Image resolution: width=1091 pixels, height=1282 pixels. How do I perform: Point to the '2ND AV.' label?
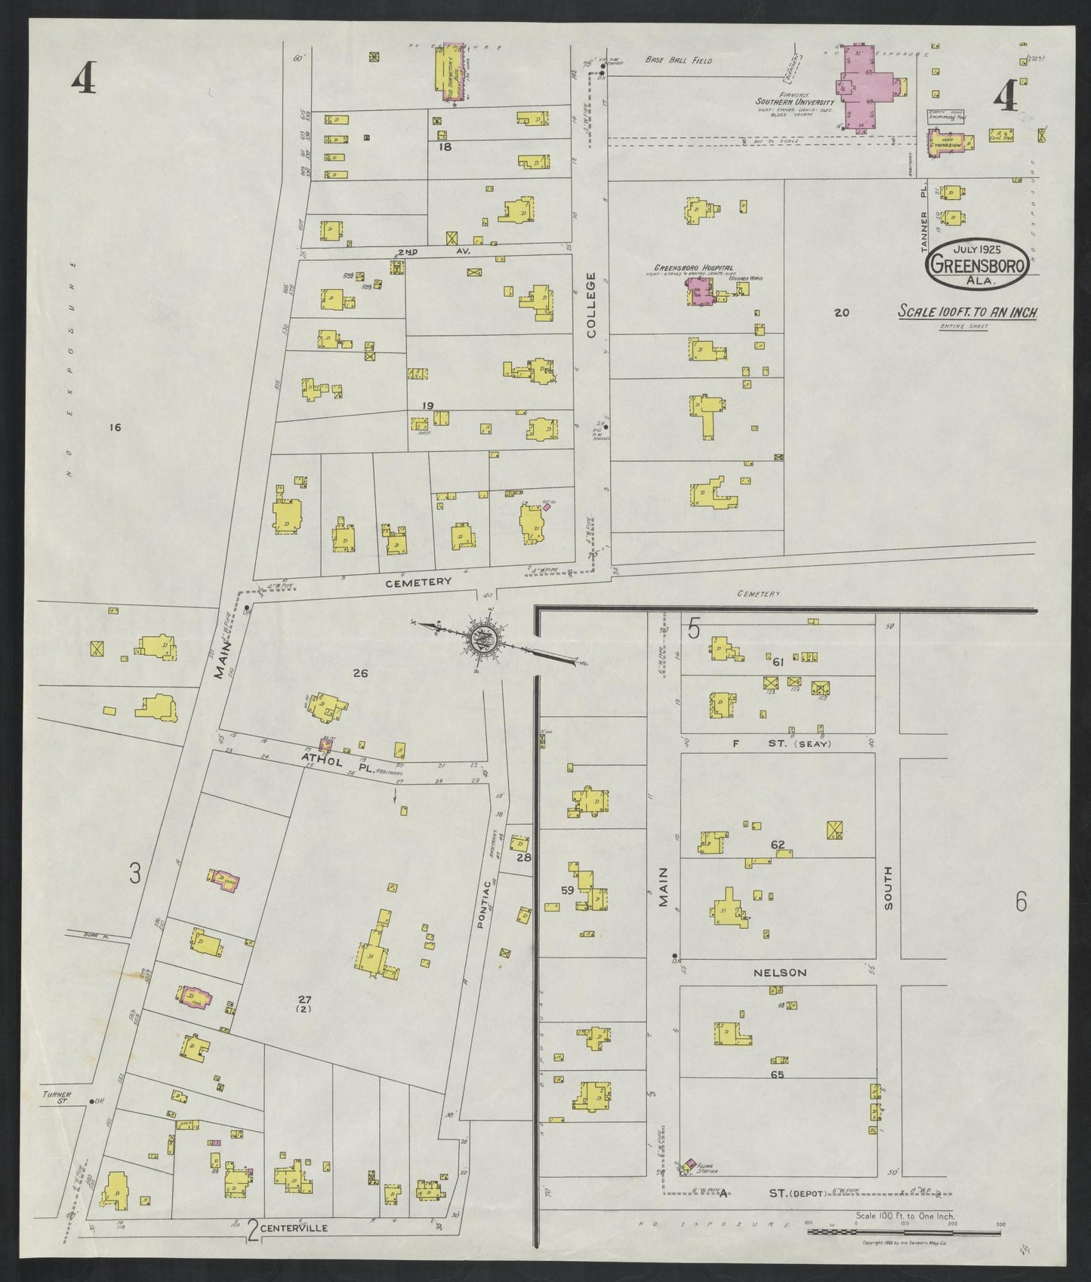(x=427, y=252)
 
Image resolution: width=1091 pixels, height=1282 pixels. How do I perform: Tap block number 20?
(x=843, y=312)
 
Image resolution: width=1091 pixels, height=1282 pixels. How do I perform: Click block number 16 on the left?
(x=115, y=428)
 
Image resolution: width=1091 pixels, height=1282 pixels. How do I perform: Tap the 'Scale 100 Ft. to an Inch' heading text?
(x=966, y=312)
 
